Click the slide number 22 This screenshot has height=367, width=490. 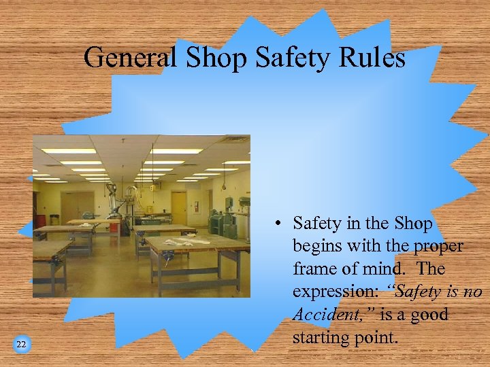coord(21,345)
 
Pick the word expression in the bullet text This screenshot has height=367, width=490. coord(336,292)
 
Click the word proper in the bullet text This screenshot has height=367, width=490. coord(435,245)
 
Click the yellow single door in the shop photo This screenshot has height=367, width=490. coord(179,207)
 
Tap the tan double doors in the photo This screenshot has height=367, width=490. coord(76,207)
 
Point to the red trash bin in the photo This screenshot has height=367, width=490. coord(41,222)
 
